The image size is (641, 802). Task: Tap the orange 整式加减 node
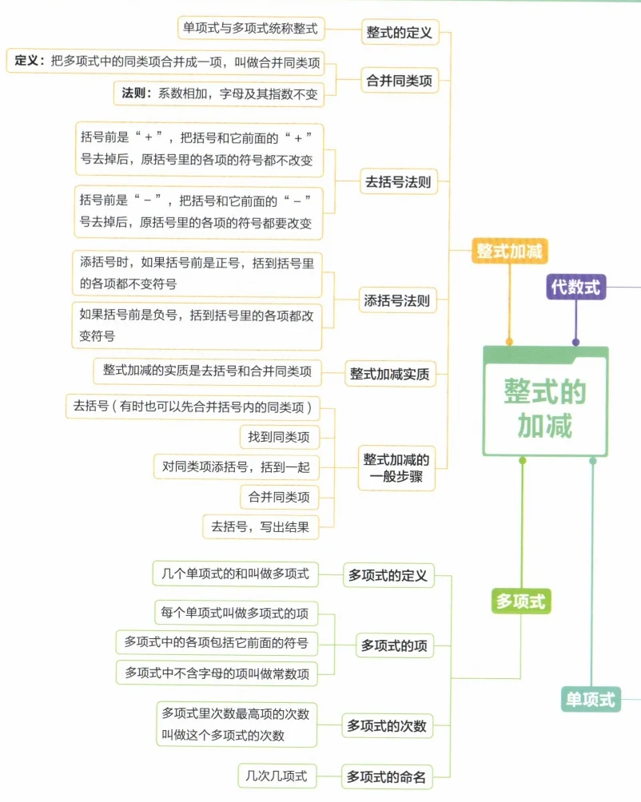click(509, 252)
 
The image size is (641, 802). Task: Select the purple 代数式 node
click(575, 286)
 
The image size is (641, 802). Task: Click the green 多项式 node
click(520, 601)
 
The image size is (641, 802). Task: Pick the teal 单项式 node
click(591, 699)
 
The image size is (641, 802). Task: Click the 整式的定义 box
click(399, 33)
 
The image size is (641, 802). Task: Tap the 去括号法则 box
click(398, 182)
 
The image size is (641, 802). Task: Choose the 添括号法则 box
click(396, 301)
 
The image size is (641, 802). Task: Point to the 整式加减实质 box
click(389, 373)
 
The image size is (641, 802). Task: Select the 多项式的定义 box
click(388, 575)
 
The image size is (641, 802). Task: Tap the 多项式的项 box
click(394, 645)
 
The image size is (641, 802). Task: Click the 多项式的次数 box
click(387, 726)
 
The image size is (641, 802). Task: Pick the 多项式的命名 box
click(386, 776)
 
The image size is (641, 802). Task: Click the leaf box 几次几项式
click(278, 775)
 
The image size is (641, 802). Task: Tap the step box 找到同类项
click(279, 437)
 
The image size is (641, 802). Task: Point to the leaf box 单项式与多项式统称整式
click(250, 29)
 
